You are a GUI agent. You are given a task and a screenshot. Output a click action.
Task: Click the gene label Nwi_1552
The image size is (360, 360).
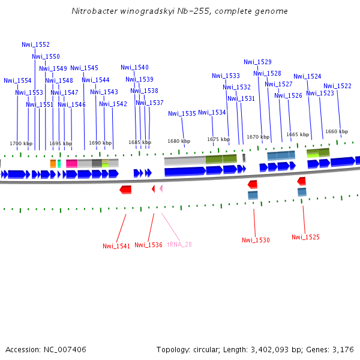[x=35, y=44]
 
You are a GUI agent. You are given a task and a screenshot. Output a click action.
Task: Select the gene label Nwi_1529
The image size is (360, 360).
[x=257, y=62]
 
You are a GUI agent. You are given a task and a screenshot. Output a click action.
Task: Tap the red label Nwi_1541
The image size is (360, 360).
[x=116, y=246]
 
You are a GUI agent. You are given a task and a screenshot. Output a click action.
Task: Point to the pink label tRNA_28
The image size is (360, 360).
[x=179, y=244]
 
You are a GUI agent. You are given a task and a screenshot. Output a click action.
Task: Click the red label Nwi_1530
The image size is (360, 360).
[x=256, y=240]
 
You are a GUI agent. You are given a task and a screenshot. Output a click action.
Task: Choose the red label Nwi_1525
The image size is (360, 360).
[x=305, y=237]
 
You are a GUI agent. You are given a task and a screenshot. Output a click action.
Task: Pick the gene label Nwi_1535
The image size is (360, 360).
[x=182, y=113]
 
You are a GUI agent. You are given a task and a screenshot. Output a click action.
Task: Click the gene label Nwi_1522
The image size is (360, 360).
[x=337, y=86]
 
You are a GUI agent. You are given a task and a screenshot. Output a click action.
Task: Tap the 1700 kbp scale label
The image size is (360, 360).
[x=20, y=143]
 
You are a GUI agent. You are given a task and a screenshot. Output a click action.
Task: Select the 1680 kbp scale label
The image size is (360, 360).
[x=179, y=141]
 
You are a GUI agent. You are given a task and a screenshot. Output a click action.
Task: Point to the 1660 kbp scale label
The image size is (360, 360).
[x=336, y=131]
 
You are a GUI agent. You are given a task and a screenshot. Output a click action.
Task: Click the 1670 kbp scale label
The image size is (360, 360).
[x=258, y=137]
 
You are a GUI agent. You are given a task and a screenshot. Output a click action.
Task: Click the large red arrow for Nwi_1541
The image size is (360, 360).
[x=125, y=190]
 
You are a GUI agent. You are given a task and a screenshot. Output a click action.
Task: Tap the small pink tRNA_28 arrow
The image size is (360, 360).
[x=161, y=188]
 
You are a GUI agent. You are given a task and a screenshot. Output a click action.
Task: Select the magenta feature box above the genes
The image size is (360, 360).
[x=71, y=163]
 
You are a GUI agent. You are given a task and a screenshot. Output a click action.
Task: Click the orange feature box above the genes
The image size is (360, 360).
[x=53, y=163]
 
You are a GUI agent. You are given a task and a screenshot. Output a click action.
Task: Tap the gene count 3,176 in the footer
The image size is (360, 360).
[x=343, y=349]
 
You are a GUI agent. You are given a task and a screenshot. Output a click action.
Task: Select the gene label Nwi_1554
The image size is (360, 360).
[x=17, y=80]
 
